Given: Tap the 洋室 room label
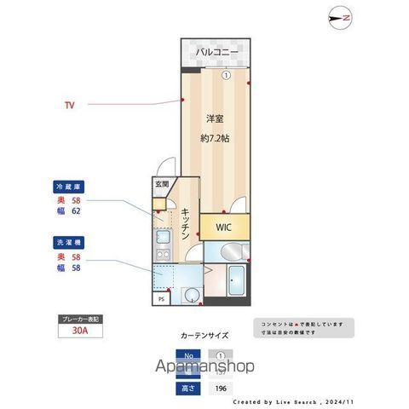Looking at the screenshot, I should pyautogui.click(x=213, y=121).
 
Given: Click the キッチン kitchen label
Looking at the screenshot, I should pyautogui.click(x=184, y=226).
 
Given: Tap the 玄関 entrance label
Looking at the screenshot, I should pyautogui.click(x=161, y=184).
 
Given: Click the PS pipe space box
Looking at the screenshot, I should pyautogui.click(x=160, y=299).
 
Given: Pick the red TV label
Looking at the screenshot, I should pyautogui.click(x=69, y=106).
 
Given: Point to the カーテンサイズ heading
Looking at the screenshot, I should pyautogui.click(x=205, y=336).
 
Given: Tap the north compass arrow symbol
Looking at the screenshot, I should pyautogui.click(x=341, y=18).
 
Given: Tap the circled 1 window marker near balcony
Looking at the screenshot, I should pyautogui.click(x=225, y=74).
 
